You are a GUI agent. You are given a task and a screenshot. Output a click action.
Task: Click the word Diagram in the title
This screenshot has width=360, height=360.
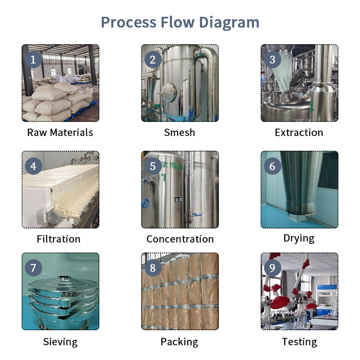pos(229,23)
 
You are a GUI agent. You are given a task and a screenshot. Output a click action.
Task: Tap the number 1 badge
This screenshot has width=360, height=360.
pos(34,60)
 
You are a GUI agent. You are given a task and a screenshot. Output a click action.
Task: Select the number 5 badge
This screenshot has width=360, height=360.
pos(153,166)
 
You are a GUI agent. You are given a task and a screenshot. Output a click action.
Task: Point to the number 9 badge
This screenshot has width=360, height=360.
pos(272,268)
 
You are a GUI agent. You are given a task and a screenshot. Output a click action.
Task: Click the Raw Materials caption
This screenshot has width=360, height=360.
pos(60,132)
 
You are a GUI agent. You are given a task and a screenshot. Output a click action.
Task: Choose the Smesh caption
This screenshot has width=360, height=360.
pos(180,132)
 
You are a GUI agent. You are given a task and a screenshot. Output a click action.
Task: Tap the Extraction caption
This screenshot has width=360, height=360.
pos(299,132)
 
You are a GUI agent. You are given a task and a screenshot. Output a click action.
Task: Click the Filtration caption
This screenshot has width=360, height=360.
pos(59,239)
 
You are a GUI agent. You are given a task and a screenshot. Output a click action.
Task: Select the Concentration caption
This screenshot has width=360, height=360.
pos(180,239)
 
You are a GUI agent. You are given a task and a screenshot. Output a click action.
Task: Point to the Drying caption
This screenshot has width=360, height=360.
pos(299,239)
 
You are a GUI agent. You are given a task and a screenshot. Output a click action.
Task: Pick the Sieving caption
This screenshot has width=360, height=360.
pos(60,342)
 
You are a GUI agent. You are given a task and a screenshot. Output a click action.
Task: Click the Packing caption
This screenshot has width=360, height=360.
pos(180,342)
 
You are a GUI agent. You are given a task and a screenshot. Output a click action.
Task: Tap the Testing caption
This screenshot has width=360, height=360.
pos(300,342)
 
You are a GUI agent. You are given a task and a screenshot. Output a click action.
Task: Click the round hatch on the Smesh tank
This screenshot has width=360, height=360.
pos(169,93)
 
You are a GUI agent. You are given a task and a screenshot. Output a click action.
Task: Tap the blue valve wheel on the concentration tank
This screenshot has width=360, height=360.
pos(145,204)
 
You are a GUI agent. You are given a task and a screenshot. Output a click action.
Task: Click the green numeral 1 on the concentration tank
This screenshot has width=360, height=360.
pos(164,178)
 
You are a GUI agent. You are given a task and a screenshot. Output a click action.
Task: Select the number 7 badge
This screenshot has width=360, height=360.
pos(34,268)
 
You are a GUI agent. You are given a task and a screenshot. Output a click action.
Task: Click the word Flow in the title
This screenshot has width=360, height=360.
pos(178,23)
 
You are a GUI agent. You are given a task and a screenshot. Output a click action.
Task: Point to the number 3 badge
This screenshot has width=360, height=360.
pos(272,60)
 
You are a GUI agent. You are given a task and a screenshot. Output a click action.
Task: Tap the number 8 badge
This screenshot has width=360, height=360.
pos(153,268)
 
